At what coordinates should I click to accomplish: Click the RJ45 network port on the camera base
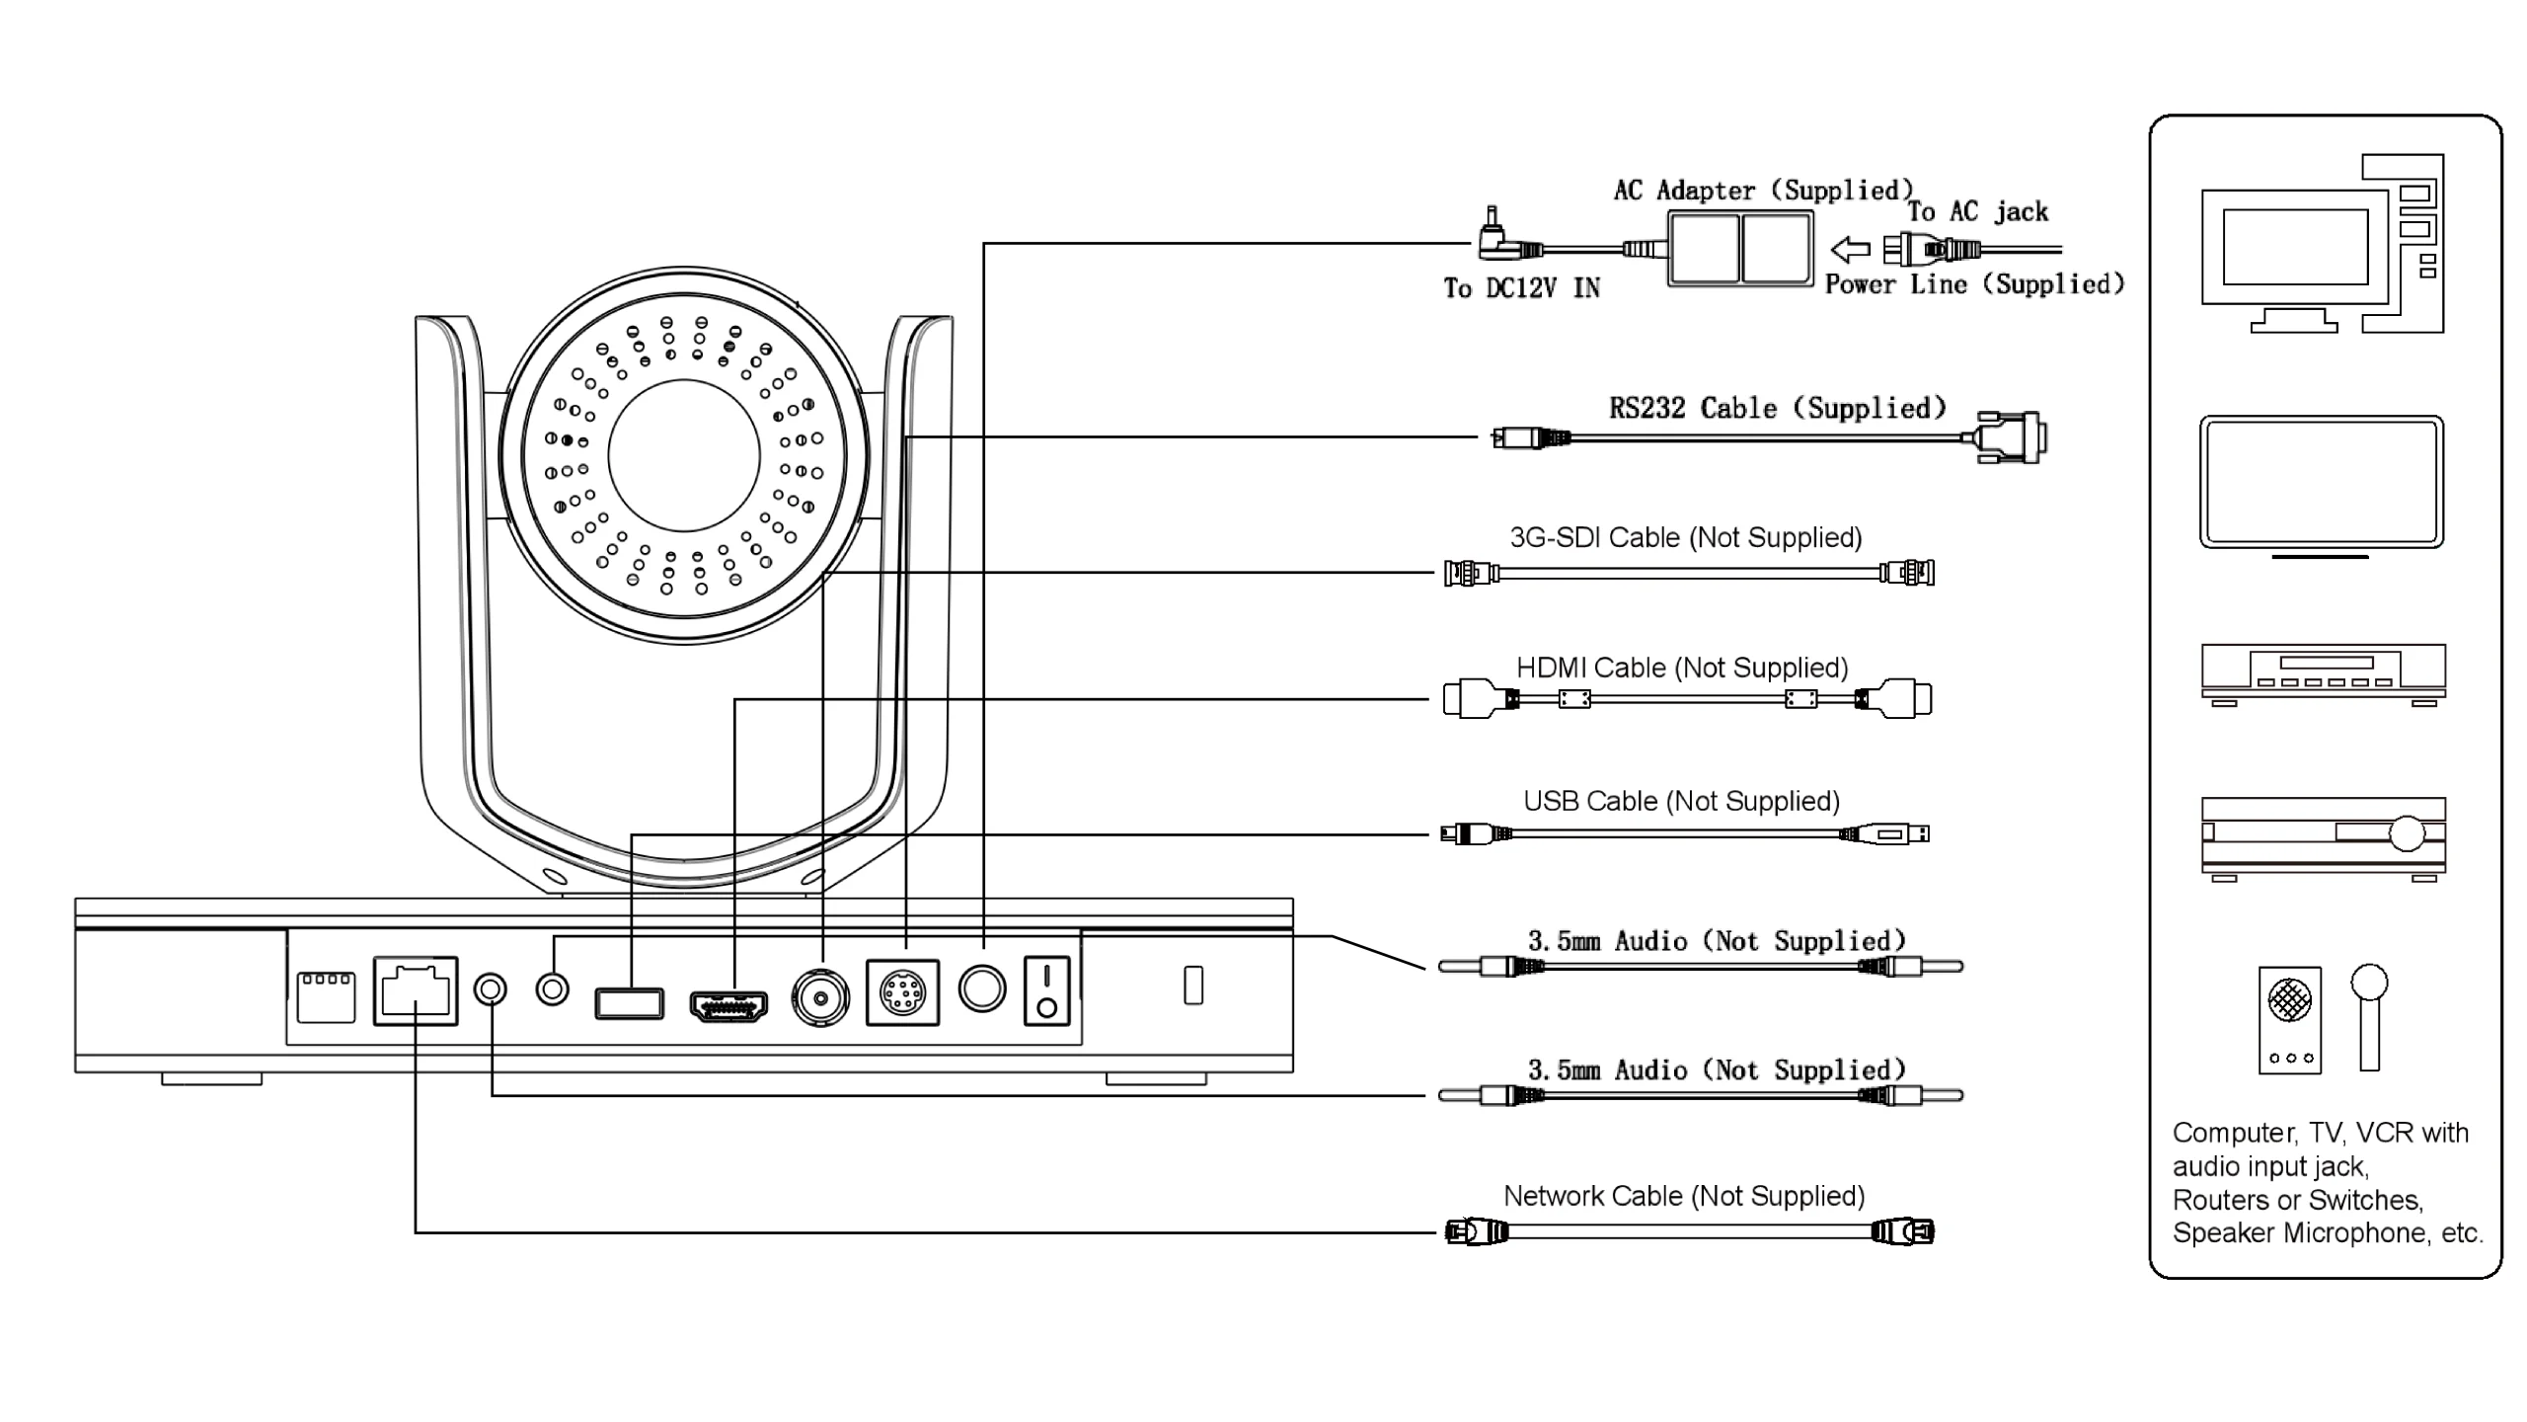[x=416, y=990]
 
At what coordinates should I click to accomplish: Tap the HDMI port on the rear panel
[x=728, y=1005]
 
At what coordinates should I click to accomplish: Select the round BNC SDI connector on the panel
[x=820, y=999]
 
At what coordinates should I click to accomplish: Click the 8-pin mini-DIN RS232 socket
[x=902, y=992]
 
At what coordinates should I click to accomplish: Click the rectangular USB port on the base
[x=629, y=1002]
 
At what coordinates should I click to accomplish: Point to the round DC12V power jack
[x=982, y=988]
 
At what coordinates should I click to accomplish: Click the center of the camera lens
[x=684, y=455]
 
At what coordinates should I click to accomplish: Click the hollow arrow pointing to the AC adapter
[x=1850, y=249]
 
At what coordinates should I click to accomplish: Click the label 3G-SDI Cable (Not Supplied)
[x=1685, y=538]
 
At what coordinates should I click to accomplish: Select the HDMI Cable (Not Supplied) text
[x=1682, y=669]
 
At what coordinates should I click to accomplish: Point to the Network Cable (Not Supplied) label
[x=1684, y=1197]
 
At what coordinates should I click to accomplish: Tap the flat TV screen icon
[x=2321, y=482]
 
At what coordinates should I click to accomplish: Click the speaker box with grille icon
[x=2289, y=1019]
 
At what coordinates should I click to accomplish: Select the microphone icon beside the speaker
[x=2369, y=1017]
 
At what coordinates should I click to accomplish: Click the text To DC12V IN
[x=1521, y=288]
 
